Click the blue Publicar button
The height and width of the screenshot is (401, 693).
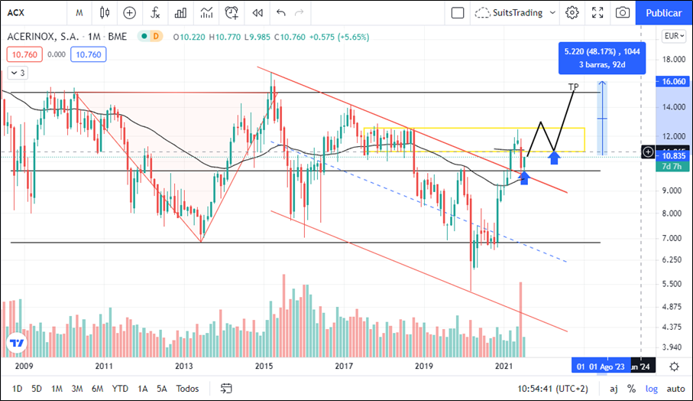(x=663, y=12)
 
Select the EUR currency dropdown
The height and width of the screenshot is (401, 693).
(x=672, y=35)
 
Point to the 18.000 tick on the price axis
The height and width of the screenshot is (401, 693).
(x=673, y=59)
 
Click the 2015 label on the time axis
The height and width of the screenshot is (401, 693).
(x=264, y=366)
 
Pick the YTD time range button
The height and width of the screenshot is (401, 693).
(x=120, y=388)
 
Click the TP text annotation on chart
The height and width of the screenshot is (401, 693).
(x=574, y=86)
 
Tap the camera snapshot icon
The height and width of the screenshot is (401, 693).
(x=623, y=12)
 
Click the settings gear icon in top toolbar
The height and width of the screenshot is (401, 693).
(x=572, y=12)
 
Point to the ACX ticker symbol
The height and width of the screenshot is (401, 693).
(x=17, y=12)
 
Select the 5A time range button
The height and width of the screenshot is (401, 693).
(x=162, y=388)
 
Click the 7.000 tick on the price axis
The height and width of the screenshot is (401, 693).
(x=673, y=238)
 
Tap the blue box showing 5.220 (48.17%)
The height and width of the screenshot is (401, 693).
(x=601, y=57)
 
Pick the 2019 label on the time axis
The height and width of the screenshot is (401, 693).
(x=425, y=366)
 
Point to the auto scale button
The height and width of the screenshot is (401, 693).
(x=675, y=388)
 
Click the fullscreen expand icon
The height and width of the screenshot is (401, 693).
(x=598, y=12)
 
